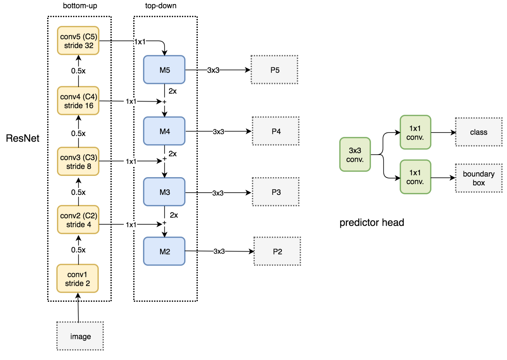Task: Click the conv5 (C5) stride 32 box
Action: point(78,41)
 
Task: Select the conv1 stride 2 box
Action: point(78,279)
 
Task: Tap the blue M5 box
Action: point(164,70)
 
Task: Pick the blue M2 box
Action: point(164,251)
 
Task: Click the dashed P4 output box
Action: point(276,131)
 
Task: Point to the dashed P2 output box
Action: point(277,251)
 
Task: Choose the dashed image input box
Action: point(80,336)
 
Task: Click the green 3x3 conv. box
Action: point(355,155)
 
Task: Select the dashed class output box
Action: point(478,132)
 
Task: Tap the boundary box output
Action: point(478,178)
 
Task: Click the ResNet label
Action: point(22,138)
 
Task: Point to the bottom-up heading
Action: point(80,6)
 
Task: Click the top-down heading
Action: point(161,6)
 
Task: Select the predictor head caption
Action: point(372,222)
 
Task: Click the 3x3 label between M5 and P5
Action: point(213,70)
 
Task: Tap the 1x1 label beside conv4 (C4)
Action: point(131,101)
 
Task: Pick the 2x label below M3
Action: point(174,215)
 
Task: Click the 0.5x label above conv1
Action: point(78,250)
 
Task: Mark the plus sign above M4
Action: point(164,102)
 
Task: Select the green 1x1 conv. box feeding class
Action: point(415,132)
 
